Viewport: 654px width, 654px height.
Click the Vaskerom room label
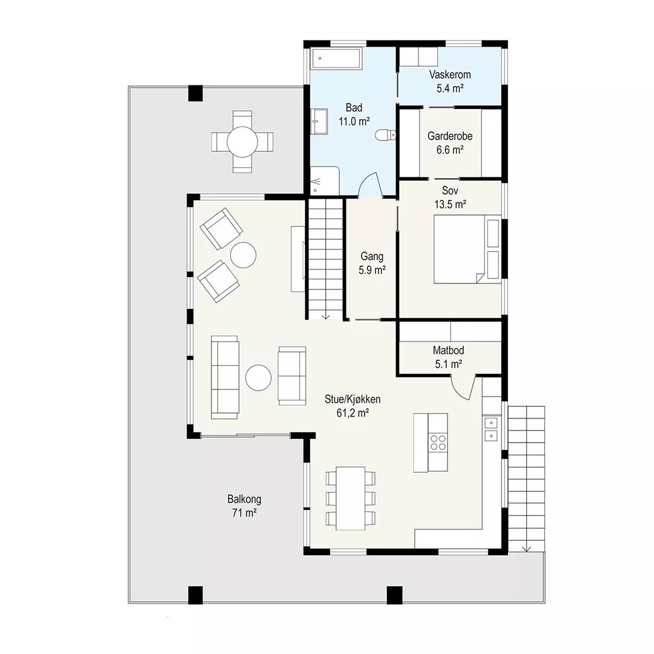tap(450, 74)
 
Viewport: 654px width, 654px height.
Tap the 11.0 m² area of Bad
tap(354, 121)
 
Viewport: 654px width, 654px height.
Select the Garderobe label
tap(450, 136)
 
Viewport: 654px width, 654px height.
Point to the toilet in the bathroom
tap(385, 135)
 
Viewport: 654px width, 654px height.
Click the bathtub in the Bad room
tap(335, 58)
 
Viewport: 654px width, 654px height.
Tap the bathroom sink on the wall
tap(319, 121)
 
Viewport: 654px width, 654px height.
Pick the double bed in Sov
tap(467, 249)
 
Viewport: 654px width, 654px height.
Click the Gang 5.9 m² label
tap(372, 263)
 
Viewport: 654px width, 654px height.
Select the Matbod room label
tap(448, 351)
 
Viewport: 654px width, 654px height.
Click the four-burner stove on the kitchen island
tap(438, 443)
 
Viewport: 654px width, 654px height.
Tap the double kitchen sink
tap(491, 429)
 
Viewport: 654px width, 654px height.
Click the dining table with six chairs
tap(351, 498)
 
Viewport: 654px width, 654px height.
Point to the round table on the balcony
tap(242, 142)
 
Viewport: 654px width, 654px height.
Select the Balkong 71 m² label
tap(245, 506)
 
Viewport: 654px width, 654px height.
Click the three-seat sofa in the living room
tap(225, 377)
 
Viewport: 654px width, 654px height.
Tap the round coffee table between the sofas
tap(259, 378)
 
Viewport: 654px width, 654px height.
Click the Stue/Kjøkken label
tap(352, 399)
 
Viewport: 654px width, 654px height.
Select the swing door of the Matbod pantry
tap(463, 387)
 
